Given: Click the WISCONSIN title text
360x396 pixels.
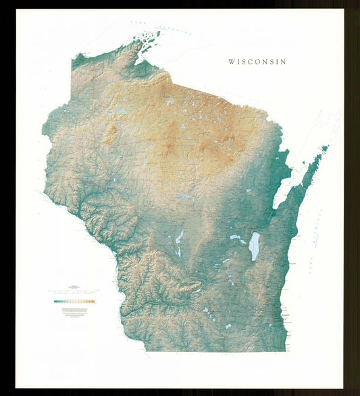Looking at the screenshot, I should coord(257,61).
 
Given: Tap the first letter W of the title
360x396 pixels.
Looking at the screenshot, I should coord(231,61).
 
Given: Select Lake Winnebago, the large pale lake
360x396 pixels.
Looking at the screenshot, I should coord(254,246).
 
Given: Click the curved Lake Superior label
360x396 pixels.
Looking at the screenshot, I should coord(165,29).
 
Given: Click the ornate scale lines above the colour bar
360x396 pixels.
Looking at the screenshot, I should coord(74,291).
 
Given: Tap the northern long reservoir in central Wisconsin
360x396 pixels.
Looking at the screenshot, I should coord(180,237).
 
